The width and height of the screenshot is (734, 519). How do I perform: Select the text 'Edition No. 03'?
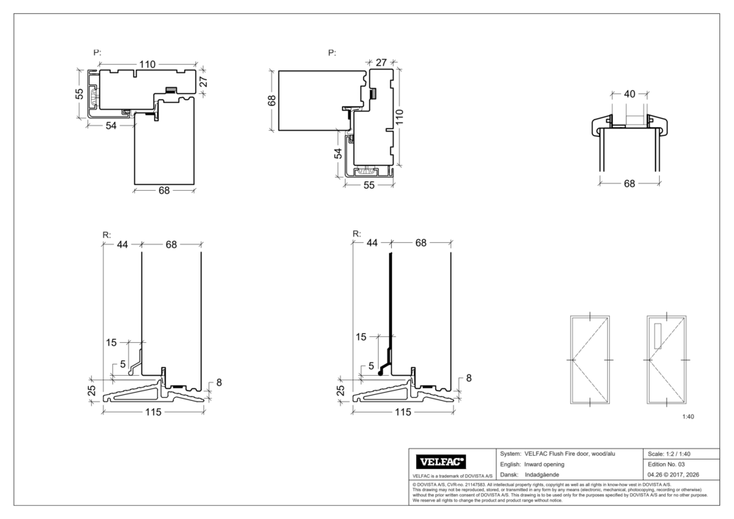pyautogui.click(x=666, y=465)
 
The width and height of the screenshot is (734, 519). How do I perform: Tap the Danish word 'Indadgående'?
pyautogui.click(x=542, y=475)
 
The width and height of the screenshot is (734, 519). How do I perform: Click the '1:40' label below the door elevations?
pyautogui.click(x=688, y=416)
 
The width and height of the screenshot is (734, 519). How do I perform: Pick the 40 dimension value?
pyautogui.click(x=630, y=94)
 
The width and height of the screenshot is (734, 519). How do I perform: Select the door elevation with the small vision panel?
pyautogui.click(x=666, y=360)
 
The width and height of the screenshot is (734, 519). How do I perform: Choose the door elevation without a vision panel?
pyautogui.click(x=591, y=360)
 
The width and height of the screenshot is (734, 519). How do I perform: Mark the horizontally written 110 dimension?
pyautogui.click(x=147, y=65)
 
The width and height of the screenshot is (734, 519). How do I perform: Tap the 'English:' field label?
pyautogui.click(x=510, y=465)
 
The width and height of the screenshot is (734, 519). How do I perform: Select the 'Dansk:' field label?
pyautogui.click(x=509, y=475)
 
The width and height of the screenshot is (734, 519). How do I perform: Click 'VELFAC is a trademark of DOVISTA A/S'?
pyautogui.click(x=451, y=476)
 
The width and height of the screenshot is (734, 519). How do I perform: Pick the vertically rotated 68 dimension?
pyautogui.click(x=270, y=100)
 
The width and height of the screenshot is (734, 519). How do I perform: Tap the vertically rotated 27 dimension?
pyautogui.click(x=204, y=80)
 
